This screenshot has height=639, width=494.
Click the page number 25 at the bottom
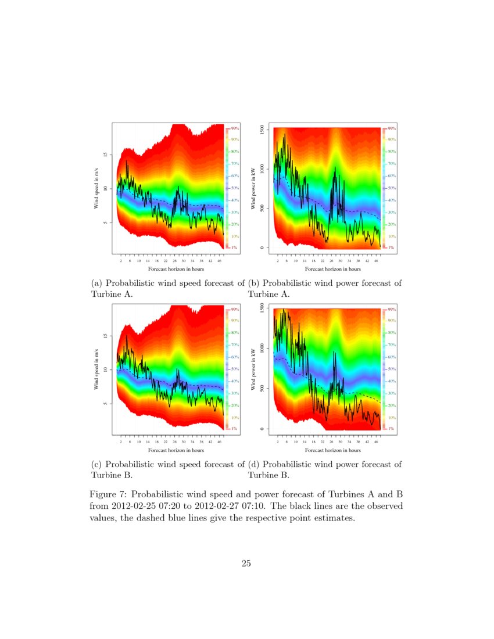coord(246,563)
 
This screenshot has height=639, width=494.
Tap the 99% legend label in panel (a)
coord(236,128)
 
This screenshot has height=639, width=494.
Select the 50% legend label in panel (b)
coord(392,188)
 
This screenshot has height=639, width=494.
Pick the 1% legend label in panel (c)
coord(235,428)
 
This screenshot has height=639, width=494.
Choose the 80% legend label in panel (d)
coord(392,333)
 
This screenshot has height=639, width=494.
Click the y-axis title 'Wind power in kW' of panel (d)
coord(253,369)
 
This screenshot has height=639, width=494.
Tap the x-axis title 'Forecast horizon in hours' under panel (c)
coord(176,450)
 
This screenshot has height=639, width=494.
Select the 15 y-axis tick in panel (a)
coord(105,155)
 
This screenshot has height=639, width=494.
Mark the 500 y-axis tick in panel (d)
coord(263,388)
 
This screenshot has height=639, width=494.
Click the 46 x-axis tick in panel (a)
coord(219,261)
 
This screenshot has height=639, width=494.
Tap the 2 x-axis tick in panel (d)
coord(278,442)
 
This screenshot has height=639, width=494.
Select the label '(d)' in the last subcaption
coord(255,464)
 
